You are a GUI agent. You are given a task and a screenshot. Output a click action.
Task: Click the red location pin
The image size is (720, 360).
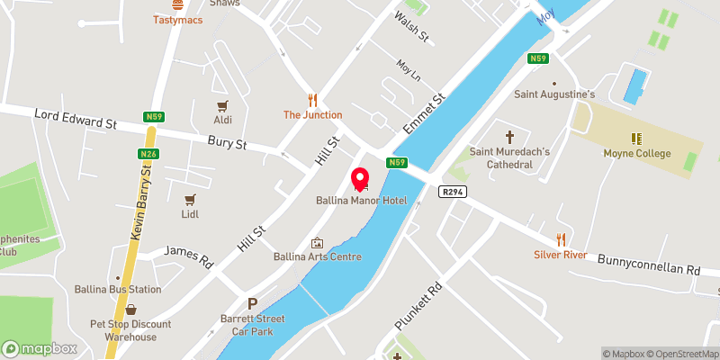point(360,178)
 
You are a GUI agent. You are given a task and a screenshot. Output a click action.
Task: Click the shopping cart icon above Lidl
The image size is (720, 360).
point(190,199)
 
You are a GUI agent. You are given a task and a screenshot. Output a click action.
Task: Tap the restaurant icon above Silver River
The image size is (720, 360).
point(560,239)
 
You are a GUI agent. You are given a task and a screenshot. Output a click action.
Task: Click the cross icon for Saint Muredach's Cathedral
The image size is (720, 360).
point(509,137)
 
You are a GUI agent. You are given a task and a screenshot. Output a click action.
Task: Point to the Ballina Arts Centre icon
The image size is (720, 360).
point(317,242)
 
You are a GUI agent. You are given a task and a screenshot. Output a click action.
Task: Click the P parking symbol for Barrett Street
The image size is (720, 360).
point(253,304)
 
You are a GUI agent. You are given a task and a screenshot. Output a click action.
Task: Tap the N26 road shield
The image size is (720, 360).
point(148,156)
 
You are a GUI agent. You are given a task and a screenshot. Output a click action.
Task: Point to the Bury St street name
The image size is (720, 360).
point(227,142)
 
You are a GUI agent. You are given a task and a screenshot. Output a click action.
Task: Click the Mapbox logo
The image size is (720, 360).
point(39,348)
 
